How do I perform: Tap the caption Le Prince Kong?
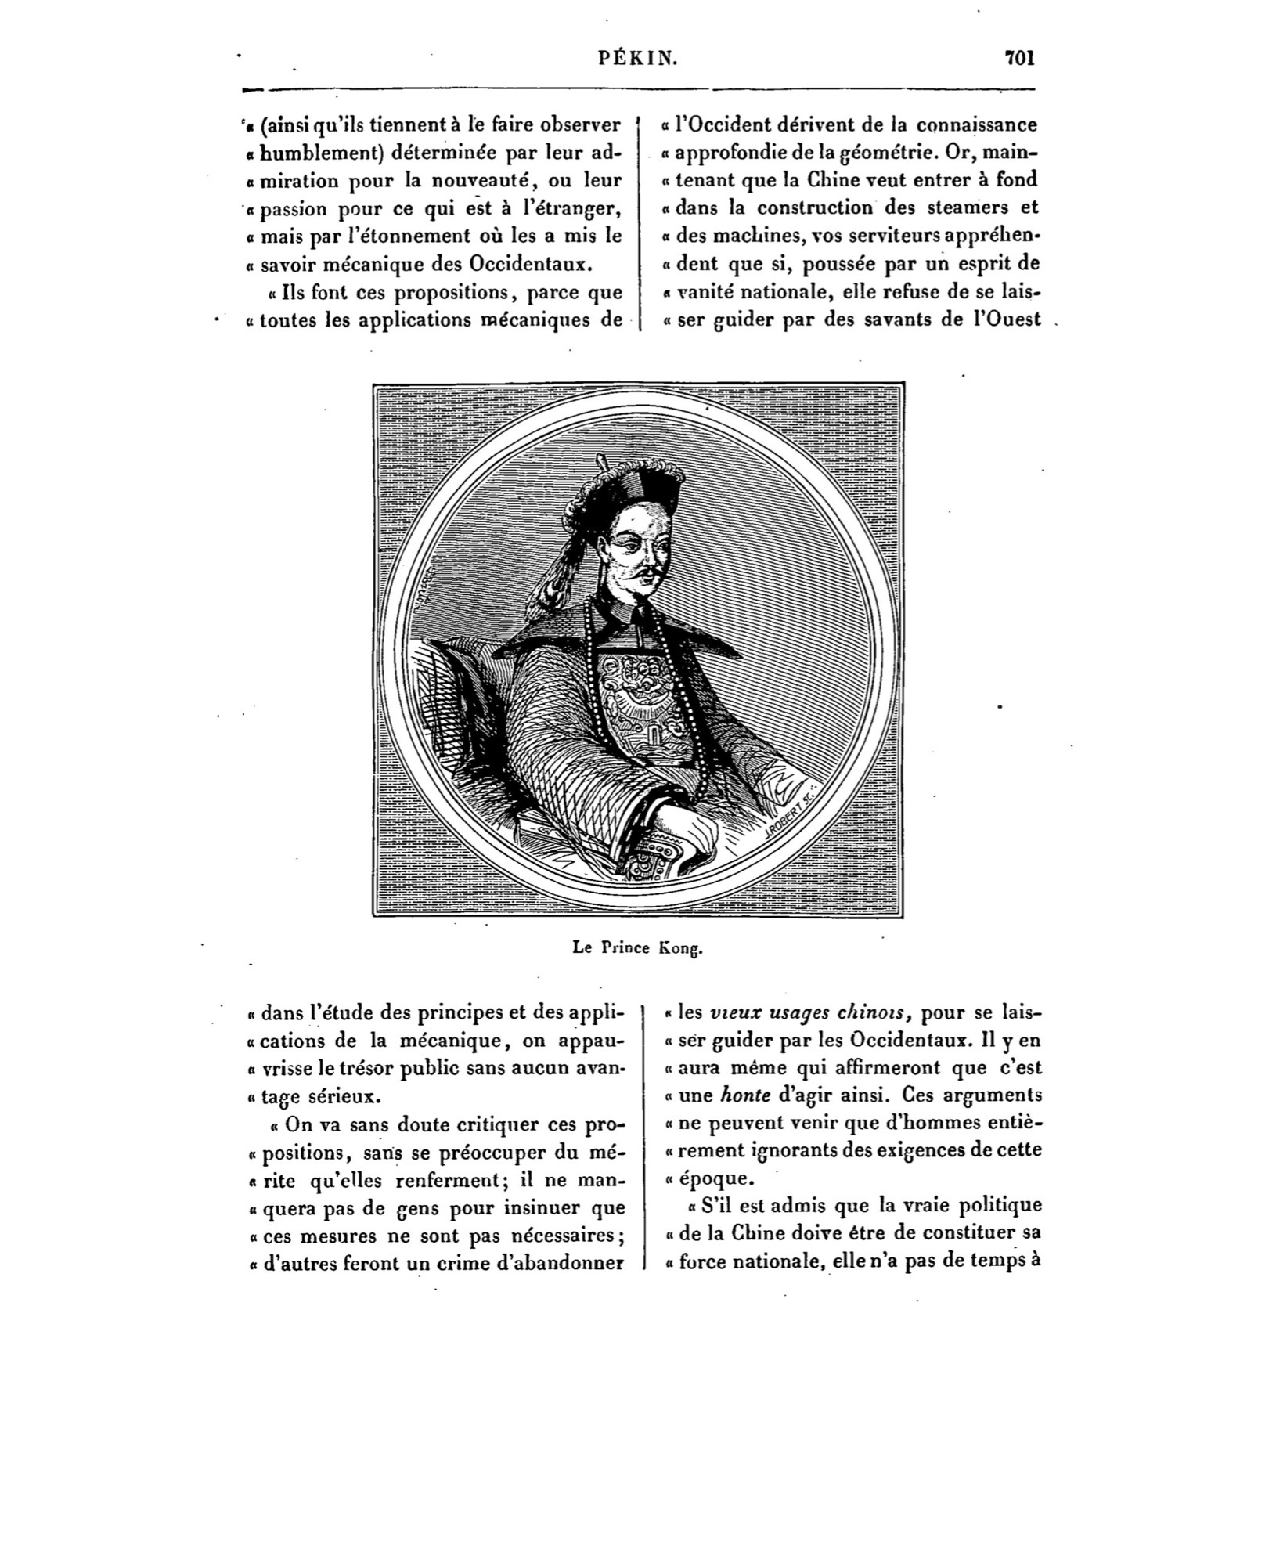(638, 948)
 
